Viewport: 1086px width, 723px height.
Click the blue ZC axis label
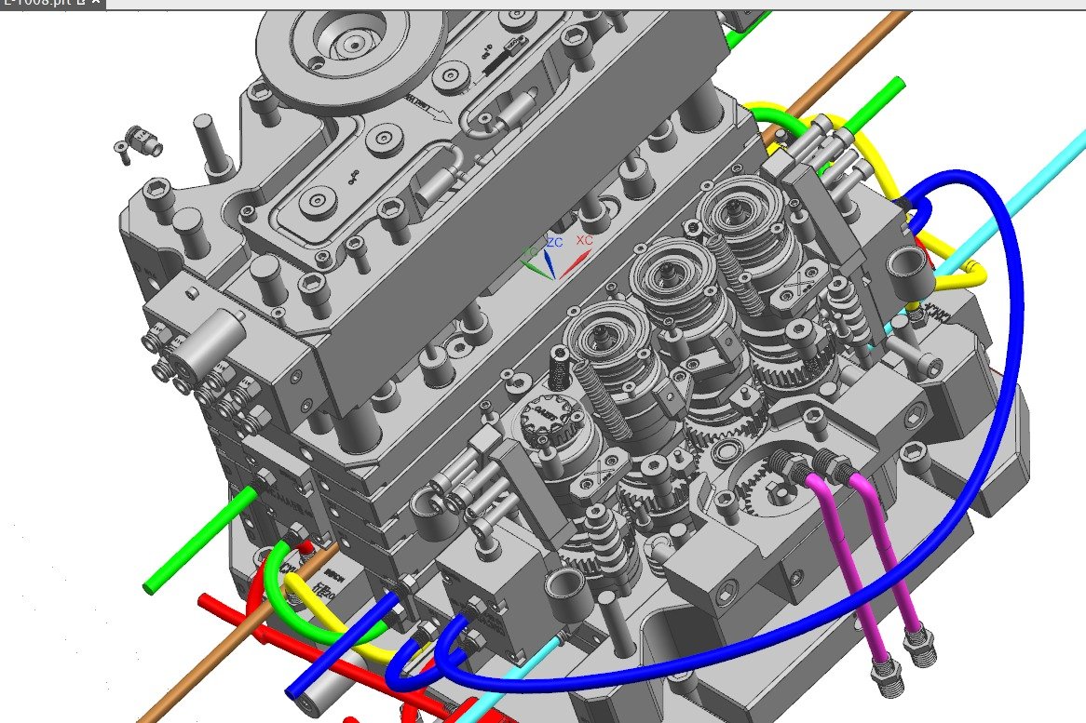point(554,242)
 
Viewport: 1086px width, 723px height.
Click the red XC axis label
point(584,240)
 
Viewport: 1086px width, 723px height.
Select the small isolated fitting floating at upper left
point(136,140)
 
